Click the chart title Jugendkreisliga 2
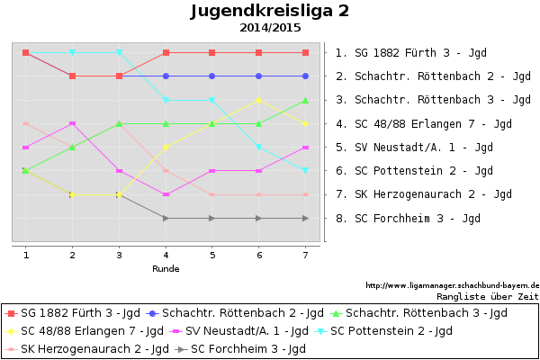point(270,12)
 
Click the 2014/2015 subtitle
point(270,28)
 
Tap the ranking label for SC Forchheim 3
point(408,218)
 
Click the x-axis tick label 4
point(166,256)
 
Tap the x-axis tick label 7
point(305,256)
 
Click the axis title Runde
point(166,268)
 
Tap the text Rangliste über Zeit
point(487,295)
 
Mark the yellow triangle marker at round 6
point(258,100)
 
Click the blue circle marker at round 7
point(305,76)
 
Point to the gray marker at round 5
point(212,218)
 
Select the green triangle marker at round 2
point(73,147)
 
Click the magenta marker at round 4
point(166,194)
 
